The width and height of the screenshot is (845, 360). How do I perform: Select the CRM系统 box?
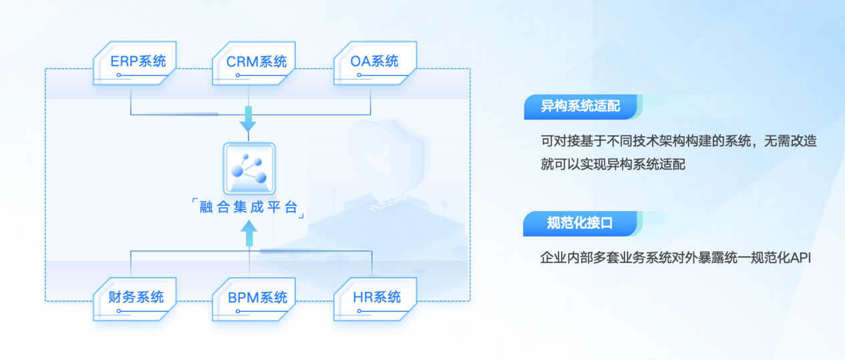pos(257,63)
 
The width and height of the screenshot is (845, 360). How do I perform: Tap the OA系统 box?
pos(375,63)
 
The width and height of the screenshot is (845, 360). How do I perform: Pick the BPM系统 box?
pos(257,298)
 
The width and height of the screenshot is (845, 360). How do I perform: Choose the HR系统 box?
pos(375,298)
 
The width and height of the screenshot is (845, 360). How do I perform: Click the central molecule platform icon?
pos(248,168)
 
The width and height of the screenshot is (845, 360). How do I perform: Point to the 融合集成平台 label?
pos(248,207)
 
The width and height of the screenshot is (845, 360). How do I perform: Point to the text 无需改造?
pos(789,142)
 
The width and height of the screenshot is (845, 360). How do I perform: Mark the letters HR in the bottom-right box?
pos(362,298)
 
